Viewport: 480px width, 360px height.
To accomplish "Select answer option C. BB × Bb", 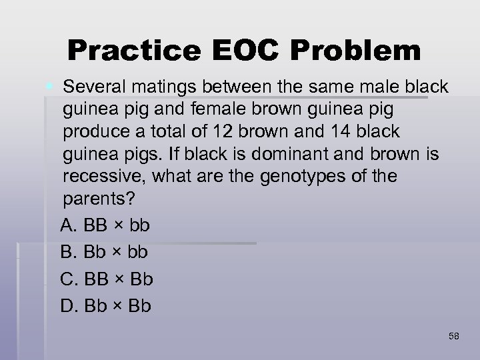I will coord(107,279).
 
